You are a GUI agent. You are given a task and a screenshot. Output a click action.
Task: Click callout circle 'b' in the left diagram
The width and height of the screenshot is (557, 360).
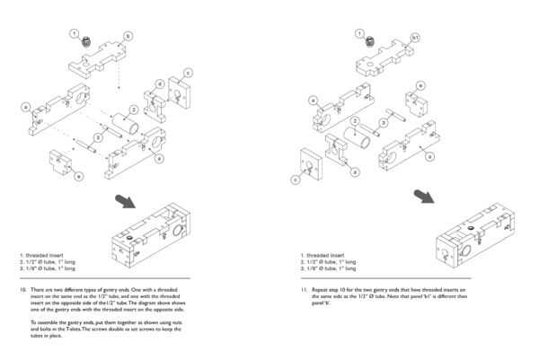tap(128, 36)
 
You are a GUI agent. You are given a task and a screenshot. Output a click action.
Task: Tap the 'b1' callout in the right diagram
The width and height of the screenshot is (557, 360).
tap(415, 37)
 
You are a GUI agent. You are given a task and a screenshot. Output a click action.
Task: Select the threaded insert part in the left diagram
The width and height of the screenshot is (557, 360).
tap(87, 41)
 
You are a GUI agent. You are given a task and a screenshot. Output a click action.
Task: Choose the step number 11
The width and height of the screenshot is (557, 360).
tap(305, 290)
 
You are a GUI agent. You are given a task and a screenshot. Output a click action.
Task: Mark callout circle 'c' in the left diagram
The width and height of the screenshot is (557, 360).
tap(187, 72)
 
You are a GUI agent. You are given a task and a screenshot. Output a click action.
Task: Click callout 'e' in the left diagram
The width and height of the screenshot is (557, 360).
tap(78, 176)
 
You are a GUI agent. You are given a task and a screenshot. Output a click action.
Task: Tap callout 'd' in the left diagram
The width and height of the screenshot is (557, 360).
tap(159, 83)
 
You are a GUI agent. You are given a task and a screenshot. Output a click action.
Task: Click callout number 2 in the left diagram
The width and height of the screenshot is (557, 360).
tap(133, 110)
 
